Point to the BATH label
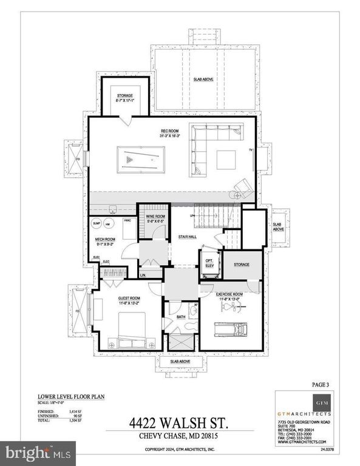point(180,316)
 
